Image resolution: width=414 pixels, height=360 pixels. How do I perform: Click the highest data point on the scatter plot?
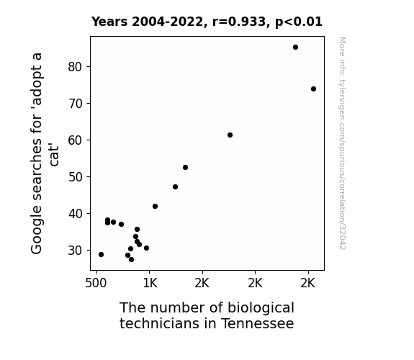[x=295, y=48]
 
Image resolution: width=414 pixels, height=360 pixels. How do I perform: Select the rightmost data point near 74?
[x=313, y=89]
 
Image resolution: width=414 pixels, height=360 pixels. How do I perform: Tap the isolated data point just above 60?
[x=230, y=135]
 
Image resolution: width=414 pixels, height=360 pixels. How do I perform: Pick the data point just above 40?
[x=155, y=207]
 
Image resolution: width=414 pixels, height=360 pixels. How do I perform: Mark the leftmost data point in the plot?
[x=101, y=255]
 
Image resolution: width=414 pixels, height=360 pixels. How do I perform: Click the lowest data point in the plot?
[x=131, y=260]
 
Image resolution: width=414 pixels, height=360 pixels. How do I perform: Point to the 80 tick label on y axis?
[x=75, y=67]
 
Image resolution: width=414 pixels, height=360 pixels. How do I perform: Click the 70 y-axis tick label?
[x=75, y=104]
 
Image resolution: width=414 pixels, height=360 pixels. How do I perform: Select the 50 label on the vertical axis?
[x=75, y=177]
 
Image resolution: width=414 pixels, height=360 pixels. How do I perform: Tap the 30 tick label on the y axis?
[x=75, y=251]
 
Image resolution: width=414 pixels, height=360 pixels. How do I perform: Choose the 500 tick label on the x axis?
[x=96, y=283]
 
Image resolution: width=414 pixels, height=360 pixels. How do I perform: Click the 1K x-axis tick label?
[x=150, y=283]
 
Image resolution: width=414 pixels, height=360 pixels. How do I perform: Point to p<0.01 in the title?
[x=299, y=22]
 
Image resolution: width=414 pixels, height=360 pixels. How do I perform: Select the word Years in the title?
[x=109, y=22]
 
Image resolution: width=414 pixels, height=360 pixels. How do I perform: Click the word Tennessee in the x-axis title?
[x=258, y=323]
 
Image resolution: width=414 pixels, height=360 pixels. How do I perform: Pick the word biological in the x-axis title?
[x=261, y=308]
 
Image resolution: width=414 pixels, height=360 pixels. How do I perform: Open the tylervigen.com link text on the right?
[x=343, y=144]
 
